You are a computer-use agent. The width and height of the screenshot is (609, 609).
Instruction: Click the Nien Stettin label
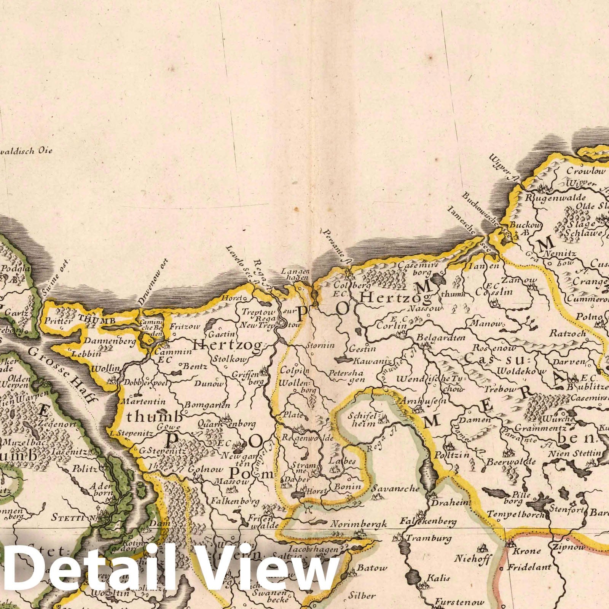click(x=575, y=453)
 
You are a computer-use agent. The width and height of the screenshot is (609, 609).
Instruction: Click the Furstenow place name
click(x=460, y=602)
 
